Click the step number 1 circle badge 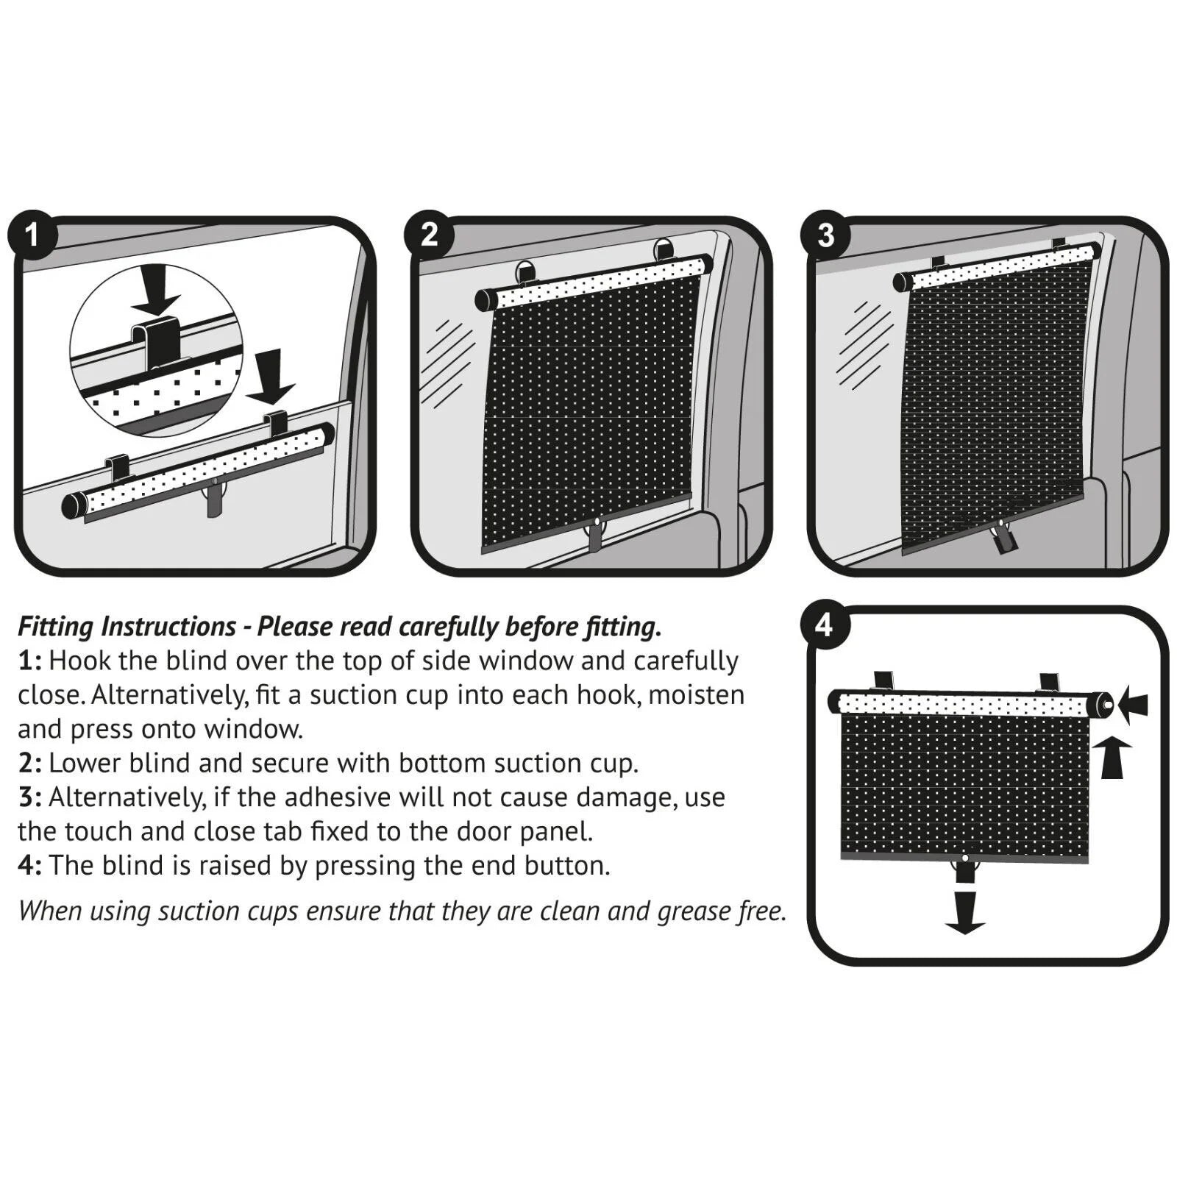pyautogui.click(x=32, y=235)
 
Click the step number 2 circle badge pyautogui.click(x=429, y=235)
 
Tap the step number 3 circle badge pyautogui.click(x=825, y=235)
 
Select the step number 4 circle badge pyautogui.click(x=825, y=625)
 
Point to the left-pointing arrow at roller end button pyautogui.click(x=1134, y=705)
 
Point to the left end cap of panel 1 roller pyautogui.click(x=74, y=507)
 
